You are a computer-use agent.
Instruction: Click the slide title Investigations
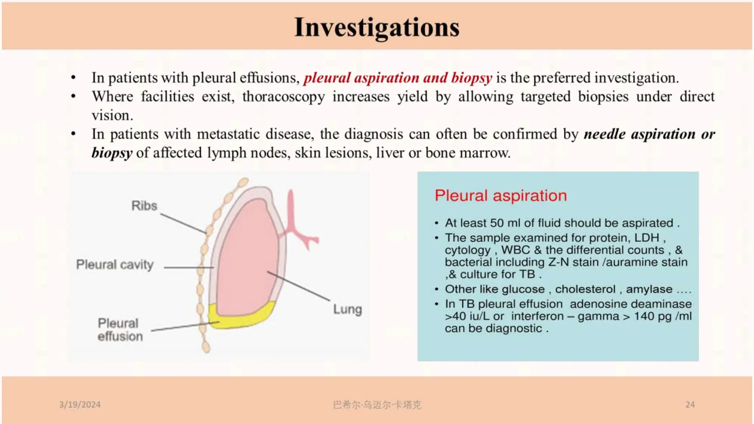coord(377,27)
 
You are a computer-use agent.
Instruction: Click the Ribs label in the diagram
coord(144,206)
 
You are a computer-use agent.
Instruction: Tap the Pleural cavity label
coord(115,265)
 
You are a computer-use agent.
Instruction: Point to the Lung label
coord(348,309)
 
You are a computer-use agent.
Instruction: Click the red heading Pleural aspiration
coord(501,196)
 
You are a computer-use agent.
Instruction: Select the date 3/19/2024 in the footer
coord(80,404)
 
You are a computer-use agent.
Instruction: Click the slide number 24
coord(690,404)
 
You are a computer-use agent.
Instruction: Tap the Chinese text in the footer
coord(377,405)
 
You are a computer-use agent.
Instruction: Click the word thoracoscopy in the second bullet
coord(283,97)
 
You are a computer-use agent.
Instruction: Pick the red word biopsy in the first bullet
coord(472,78)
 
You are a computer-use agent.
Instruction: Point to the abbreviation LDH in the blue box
coord(646,238)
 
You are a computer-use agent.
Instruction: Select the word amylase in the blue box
coord(649,289)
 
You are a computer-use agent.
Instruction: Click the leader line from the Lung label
coord(298,286)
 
